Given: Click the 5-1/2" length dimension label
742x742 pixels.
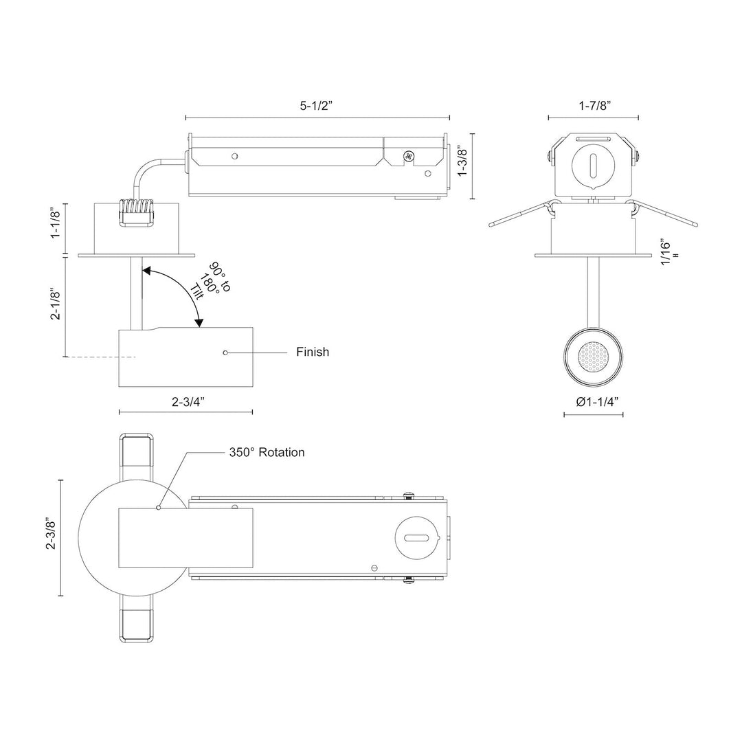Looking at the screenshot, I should click(x=318, y=106).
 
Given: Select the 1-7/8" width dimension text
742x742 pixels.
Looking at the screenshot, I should click(x=593, y=105).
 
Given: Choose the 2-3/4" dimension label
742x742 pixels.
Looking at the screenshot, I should click(x=187, y=403).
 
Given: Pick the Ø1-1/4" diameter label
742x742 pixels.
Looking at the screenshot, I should click(x=593, y=401).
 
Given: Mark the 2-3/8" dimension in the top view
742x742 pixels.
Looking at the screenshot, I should click(x=50, y=534).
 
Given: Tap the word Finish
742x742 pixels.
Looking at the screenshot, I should click(x=313, y=352).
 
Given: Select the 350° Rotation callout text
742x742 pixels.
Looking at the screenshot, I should click(x=267, y=453).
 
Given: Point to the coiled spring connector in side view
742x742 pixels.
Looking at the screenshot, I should click(x=137, y=212).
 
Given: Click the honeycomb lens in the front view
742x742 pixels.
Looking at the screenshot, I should click(x=593, y=357).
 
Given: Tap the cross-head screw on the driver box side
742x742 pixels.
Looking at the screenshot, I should click(x=410, y=157).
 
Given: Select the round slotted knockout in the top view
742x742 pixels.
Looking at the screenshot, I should click(x=416, y=538).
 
